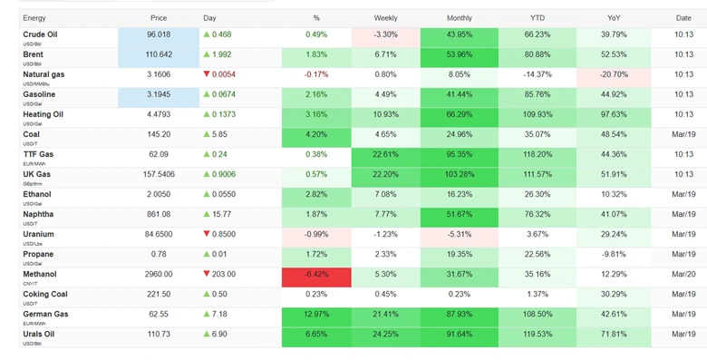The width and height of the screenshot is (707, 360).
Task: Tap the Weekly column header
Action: pos(385,18)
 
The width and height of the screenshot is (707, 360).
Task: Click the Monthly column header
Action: pos(459,18)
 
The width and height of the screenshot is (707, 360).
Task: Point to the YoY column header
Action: pos(614,18)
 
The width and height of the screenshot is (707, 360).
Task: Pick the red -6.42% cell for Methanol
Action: pos(315,275)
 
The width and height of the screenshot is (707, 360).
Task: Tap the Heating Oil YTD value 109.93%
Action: pos(537,115)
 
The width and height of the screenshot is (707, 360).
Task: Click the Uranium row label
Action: pos(40,235)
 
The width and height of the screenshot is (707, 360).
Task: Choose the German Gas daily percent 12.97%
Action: pos(315,315)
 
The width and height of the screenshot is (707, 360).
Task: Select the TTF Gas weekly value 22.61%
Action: pos(385,155)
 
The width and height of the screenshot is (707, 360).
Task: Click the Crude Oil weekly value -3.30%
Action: pos(385,35)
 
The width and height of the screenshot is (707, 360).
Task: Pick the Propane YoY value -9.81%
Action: pos(614,255)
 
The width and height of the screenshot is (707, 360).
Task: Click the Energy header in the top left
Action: pos(34,18)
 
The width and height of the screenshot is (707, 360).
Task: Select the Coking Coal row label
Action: pos(45,295)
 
